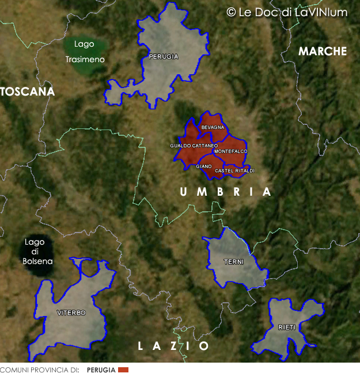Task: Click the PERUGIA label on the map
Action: pyautogui.click(x=163, y=56)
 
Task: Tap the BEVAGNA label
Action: pyautogui.click(x=213, y=127)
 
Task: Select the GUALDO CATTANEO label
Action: pyautogui.click(x=194, y=146)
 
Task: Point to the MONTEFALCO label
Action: pyautogui.click(x=230, y=151)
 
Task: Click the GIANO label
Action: pyautogui.click(x=204, y=166)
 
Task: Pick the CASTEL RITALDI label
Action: pyautogui.click(x=234, y=170)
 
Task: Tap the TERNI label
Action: pyautogui.click(x=234, y=262)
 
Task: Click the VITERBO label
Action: pyautogui.click(x=71, y=313)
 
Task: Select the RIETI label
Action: pyautogui.click(x=287, y=327)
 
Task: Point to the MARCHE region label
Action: pyautogui.click(x=323, y=51)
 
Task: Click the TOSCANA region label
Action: pyautogui.click(x=27, y=92)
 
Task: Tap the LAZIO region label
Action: pyautogui.click(x=173, y=346)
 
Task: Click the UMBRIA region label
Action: pyautogui.click(x=225, y=192)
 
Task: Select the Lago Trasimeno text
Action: pyautogui.click(x=84, y=52)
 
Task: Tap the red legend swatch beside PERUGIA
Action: pyautogui.click(x=123, y=370)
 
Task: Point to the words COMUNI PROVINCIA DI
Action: pyautogui.click(x=39, y=370)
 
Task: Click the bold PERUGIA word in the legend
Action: pyautogui.click(x=101, y=370)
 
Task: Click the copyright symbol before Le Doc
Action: pyautogui.click(x=231, y=12)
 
